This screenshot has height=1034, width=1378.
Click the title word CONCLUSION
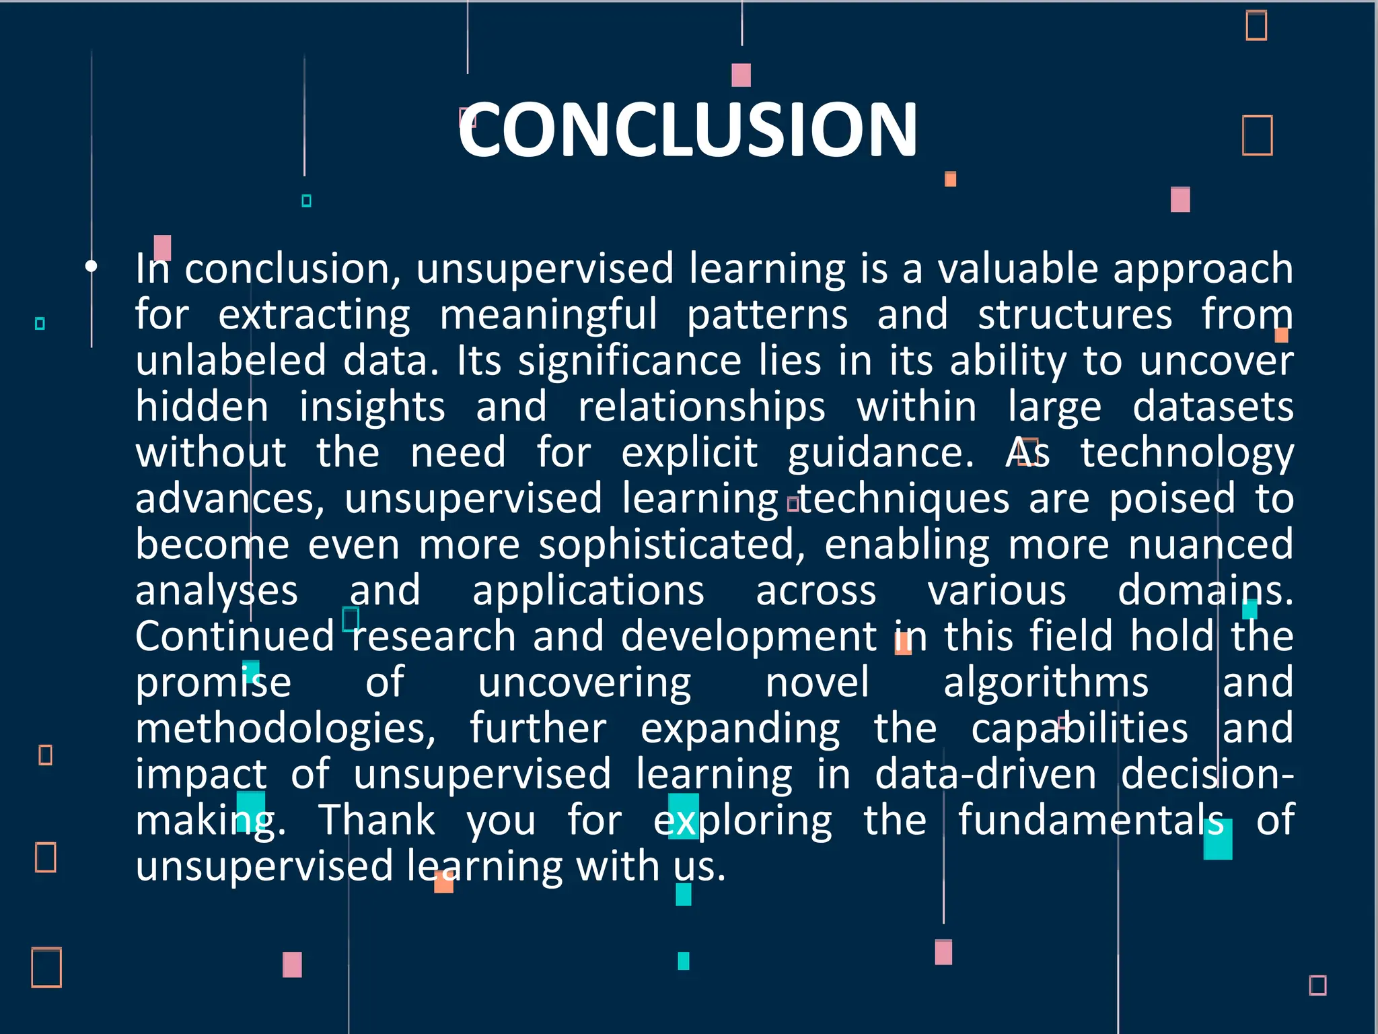coord(688,129)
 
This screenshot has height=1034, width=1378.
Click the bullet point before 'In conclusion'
coord(91,267)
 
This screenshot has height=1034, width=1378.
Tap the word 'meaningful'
coord(548,314)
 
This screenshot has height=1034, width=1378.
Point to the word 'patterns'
coord(767,314)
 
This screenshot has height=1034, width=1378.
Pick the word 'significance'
coord(630,360)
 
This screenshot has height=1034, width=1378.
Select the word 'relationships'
coord(702,407)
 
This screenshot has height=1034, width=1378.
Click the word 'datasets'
coord(1212,407)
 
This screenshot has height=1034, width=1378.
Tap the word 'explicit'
coord(689,452)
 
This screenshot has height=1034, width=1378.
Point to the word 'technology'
coord(1187,452)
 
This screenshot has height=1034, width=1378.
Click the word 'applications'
coord(588,590)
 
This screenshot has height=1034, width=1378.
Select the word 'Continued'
coord(235,636)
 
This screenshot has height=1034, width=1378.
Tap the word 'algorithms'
coord(1046,682)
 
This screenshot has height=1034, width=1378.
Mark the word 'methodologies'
coord(285,728)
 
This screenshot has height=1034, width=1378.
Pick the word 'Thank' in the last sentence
coord(377,820)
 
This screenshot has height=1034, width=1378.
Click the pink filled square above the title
coord(741,75)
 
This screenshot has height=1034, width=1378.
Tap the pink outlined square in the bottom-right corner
coord(1317,985)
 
